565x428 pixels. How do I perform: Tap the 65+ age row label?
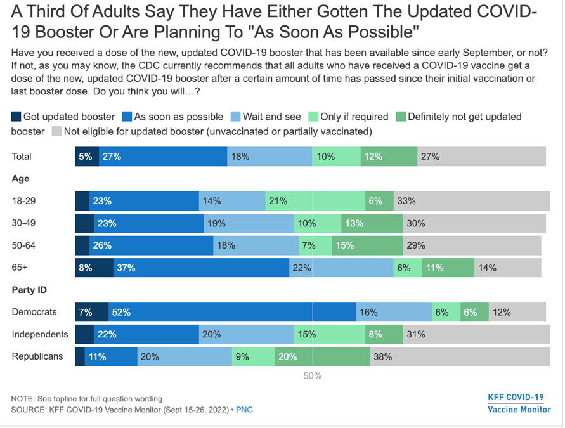20,268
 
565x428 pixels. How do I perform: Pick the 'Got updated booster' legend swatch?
16,117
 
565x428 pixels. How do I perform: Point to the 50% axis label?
312,376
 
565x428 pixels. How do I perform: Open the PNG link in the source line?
244,410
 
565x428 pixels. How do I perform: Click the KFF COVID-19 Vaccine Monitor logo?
516,403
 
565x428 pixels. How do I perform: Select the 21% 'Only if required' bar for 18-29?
315,201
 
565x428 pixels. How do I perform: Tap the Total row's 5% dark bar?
87,157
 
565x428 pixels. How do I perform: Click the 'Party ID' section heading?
30,290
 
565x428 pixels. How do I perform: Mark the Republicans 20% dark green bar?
322,356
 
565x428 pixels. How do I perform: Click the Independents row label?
40,334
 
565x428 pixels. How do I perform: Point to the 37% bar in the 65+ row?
201,268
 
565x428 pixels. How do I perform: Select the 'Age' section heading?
20,179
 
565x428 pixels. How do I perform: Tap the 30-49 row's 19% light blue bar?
249,223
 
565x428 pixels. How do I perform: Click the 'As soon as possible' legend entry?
172,117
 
